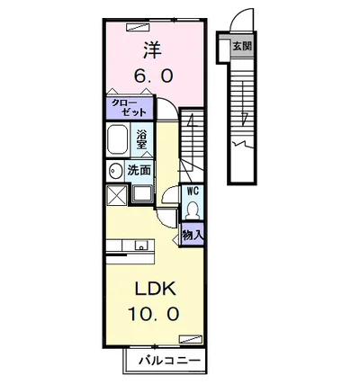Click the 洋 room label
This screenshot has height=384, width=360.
coord(152,50)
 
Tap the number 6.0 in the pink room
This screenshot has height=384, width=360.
coord(153,76)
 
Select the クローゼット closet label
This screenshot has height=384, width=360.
coord(129,108)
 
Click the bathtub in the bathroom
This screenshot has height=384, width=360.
coord(117,139)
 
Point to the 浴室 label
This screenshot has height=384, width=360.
coord(141,139)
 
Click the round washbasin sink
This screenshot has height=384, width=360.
coord(114,171)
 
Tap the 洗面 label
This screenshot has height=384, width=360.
coord(139,171)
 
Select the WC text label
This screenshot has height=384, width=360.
coord(193,192)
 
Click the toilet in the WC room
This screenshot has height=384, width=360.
coord(192,210)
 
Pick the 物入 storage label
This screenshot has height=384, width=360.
coord(193,236)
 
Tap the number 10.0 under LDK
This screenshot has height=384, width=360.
coord(154,314)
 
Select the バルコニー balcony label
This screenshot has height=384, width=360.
coord(169,361)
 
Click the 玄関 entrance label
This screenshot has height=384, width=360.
coord(242,47)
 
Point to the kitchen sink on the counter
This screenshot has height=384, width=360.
coord(141,245)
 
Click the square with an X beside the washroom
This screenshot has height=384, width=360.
coord(117,194)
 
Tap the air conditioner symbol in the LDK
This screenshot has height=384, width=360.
coord(190,338)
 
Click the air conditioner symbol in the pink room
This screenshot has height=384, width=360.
coord(138,27)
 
